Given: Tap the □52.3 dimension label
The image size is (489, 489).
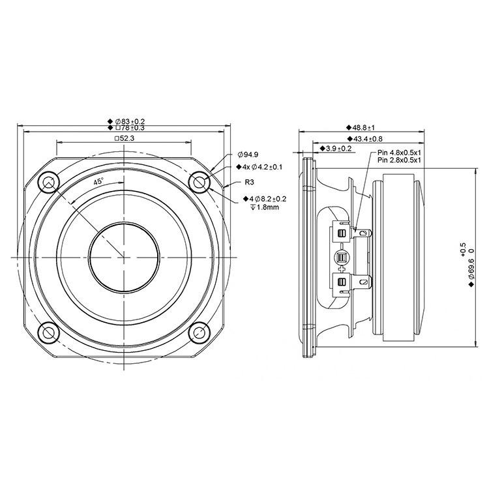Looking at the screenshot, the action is tap(124, 138).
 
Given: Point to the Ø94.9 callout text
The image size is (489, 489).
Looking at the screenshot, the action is tap(248, 155).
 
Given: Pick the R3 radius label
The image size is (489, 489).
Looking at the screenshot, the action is tap(249, 182).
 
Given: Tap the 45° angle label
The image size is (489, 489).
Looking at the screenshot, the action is tap(98, 181).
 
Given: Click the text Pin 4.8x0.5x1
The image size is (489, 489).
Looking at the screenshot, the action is tap(399, 153).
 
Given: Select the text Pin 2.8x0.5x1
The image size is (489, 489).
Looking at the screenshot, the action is tap(399, 160).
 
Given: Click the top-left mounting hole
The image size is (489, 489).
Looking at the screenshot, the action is tap(48, 182).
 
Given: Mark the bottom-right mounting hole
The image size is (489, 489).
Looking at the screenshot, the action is tap(200, 333).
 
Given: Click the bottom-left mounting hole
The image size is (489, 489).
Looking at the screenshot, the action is tap(48, 333).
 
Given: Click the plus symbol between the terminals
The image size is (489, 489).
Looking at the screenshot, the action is tap(342, 269).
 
